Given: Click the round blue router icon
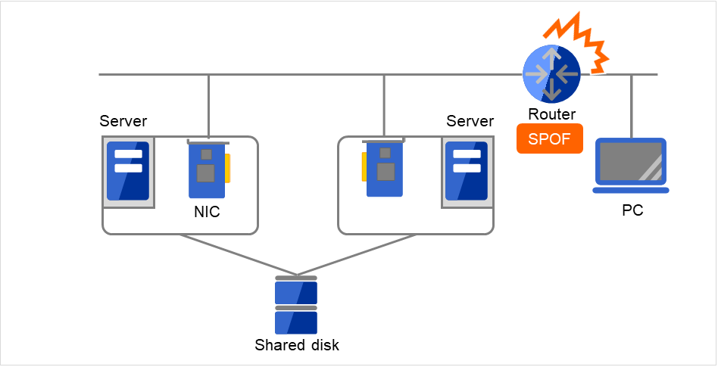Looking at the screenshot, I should pos(552,74).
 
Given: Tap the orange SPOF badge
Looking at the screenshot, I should pos(550,139).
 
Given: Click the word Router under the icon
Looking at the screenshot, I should pos(552,114).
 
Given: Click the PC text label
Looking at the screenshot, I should pos(632,210).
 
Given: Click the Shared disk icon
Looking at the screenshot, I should pos(296,306).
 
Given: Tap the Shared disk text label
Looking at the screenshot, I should pos(297,346).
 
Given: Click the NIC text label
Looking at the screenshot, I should pos(207,213).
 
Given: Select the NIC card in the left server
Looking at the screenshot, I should pos(205,171).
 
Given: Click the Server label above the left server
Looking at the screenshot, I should pos(123,121).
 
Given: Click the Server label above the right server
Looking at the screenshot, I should pos(470,121).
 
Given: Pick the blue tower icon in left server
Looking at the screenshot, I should pos(128,171).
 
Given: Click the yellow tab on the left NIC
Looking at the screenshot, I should pos(227,168).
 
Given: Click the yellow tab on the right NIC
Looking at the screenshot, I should pos(364,167).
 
